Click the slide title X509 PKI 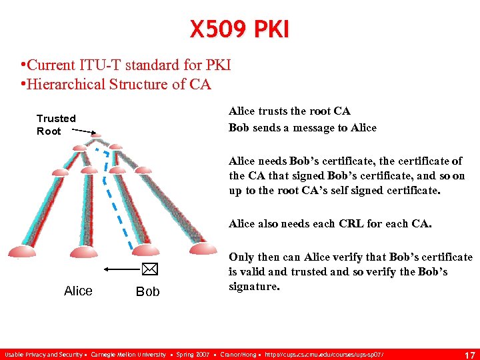(239, 29)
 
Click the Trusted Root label (56, 125)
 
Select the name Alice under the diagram (78, 291)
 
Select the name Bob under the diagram (147, 291)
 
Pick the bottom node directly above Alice (79, 250)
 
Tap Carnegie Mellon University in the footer (128, 355)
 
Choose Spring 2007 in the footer (192, 355)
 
